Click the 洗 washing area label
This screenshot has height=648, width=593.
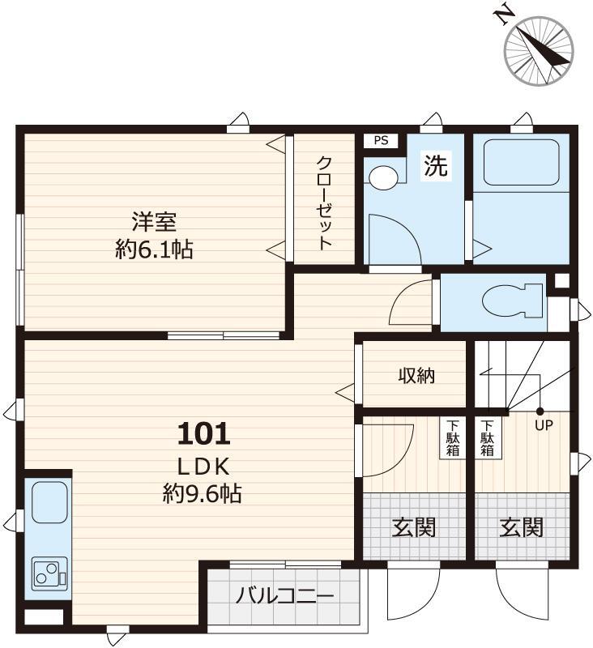[x=436, y=166]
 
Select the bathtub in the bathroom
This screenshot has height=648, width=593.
[x=523, y=162]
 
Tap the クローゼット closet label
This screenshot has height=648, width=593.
[x=324, y=202]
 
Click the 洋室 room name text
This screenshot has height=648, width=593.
[x=154, y=221]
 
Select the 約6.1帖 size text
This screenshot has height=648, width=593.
[x=154, y=249]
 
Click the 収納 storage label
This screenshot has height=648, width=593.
[x=416, y=376]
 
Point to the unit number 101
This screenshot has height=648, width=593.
[x=203, y=435]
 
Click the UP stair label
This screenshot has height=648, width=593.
[x=543, y=424]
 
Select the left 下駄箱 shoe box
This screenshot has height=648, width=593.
[x=452, y=437]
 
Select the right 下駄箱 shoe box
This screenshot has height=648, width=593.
[x=487, y=437]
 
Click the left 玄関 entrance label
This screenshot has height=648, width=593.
[x=414, y=528]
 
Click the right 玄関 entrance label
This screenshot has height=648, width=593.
[x=521, y=528]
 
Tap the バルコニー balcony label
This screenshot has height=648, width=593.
[x=284, y=598]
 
